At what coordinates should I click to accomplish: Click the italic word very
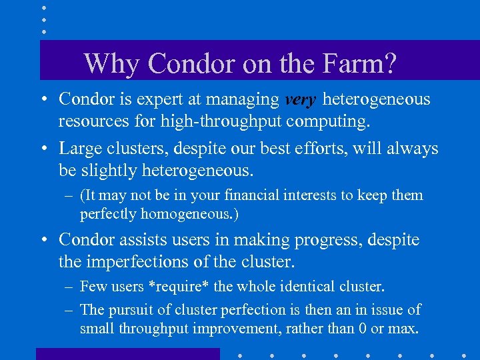(x=301, y=100)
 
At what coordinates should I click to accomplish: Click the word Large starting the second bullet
(x=81, y=148)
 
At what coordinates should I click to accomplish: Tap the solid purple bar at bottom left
(x=127, y=354)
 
